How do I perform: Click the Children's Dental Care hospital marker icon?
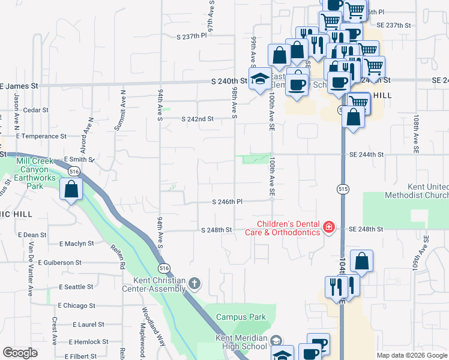(x=329, y=227)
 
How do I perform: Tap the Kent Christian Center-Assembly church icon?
(x=194, y=283)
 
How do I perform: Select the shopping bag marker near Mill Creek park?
(x=71, y=190)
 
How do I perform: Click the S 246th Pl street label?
(x=227, y=202)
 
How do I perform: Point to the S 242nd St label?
(x=198, y=119)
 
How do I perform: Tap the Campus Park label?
(x=241, y=317)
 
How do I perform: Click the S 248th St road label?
(x=217, y=230)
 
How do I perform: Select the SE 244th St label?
(x=366, y=154)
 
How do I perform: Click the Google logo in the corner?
(x=20, y=353)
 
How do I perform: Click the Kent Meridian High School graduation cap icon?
(x=276, y=340)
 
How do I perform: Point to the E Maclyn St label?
(x=76, y=244)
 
